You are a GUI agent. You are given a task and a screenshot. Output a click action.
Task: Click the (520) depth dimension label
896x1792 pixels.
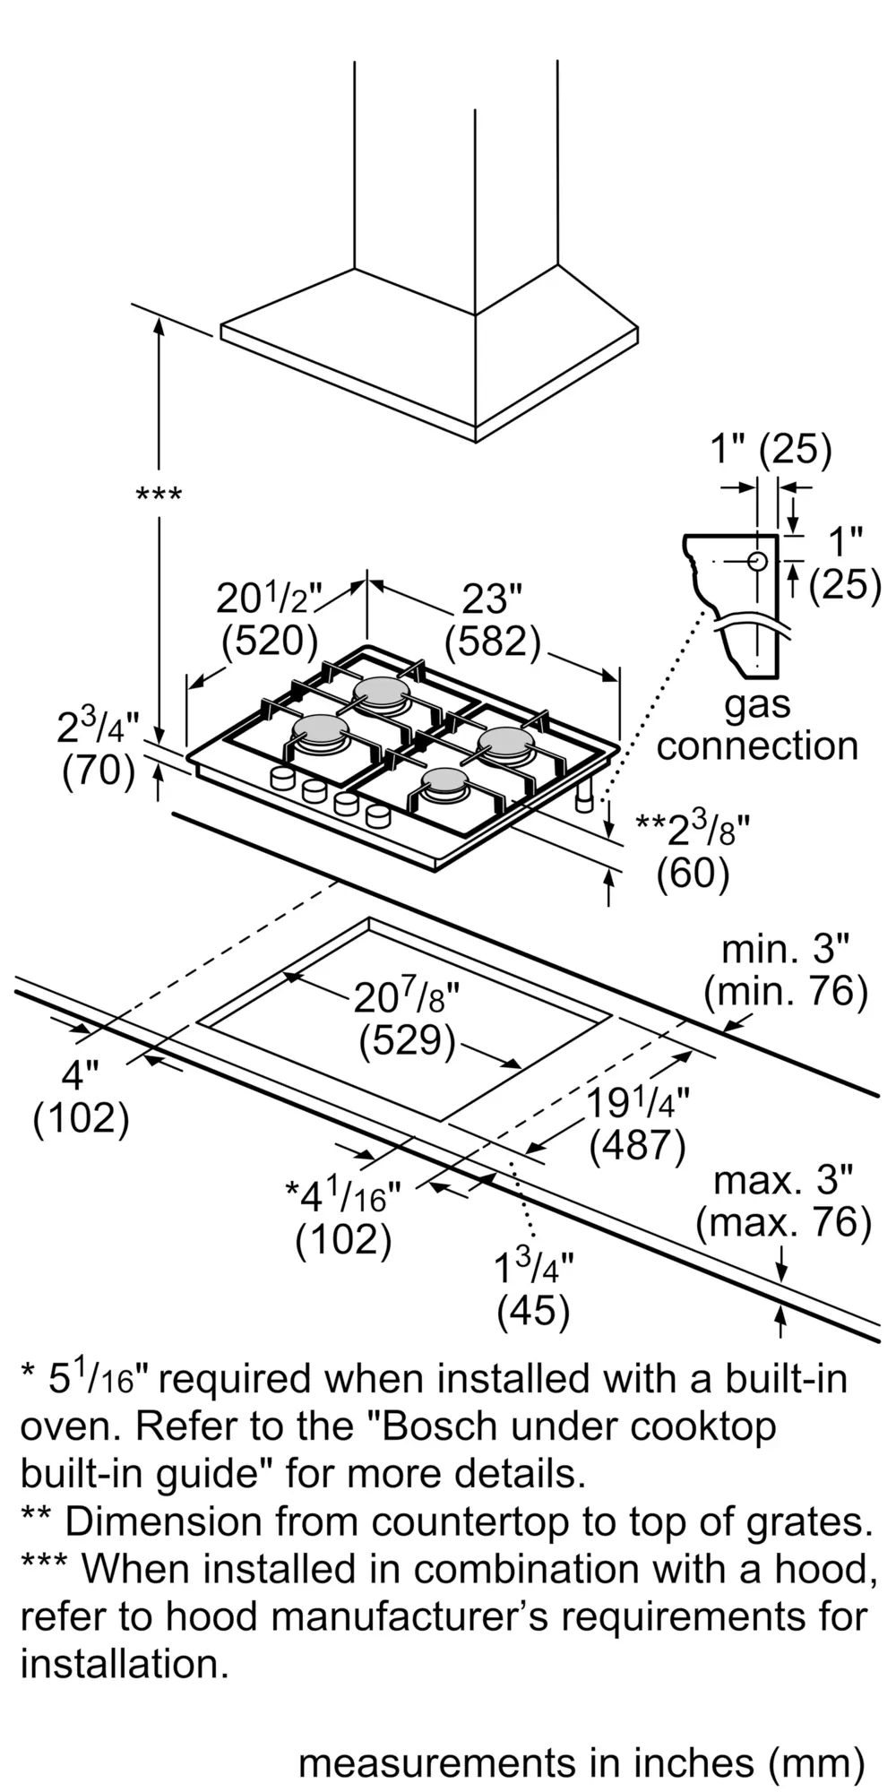click(270, 640)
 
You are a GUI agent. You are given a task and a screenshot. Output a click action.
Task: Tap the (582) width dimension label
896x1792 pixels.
click(493, 641)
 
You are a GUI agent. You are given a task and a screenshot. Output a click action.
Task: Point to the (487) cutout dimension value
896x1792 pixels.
click(638, 1145)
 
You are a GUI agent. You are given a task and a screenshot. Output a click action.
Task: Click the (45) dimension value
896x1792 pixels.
click(533, 1312)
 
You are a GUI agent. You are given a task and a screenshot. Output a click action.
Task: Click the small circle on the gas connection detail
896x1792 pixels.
click(757, 562)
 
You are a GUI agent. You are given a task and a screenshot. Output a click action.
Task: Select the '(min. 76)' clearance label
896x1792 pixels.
click(786, 992)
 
